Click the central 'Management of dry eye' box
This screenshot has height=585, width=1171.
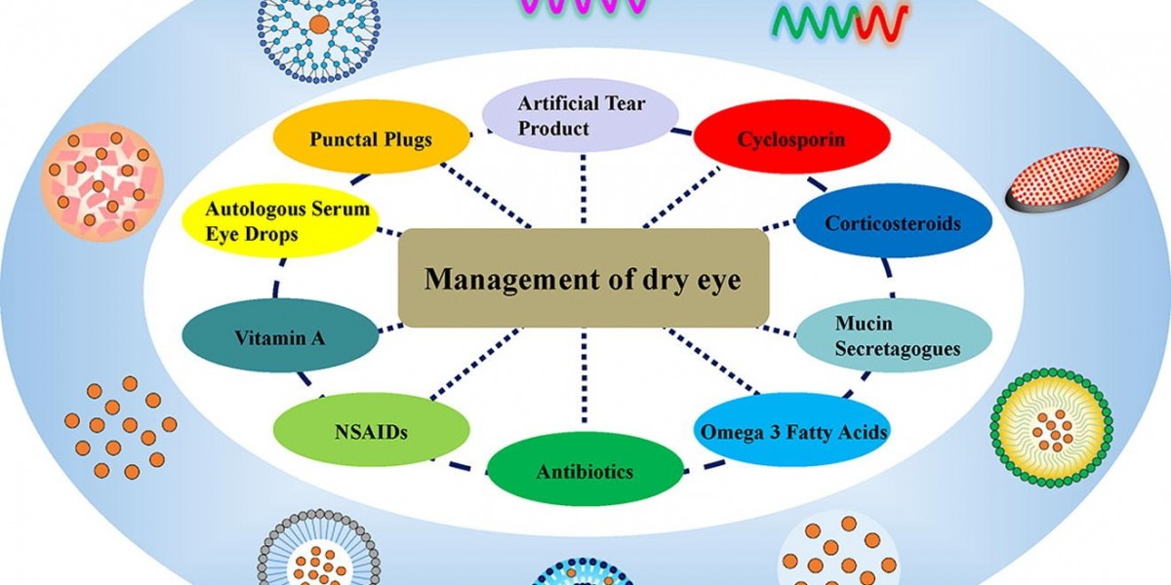click(584, 279)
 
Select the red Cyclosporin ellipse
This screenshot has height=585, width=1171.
click(791, 139)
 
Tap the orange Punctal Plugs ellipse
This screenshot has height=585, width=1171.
click(370, 139)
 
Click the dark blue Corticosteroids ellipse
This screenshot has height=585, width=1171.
click(893, 223)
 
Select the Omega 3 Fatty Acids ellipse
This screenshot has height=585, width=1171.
click(792, 430)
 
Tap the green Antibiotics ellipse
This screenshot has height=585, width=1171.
click(585, 471)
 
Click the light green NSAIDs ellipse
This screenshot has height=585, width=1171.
click(370, 429)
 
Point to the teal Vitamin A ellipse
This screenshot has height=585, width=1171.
click(279, 338)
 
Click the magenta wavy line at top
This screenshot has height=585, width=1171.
click(582, 8)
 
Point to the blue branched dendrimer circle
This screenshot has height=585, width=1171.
click(317, 27)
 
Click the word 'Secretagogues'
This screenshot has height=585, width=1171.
click(897, 348)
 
